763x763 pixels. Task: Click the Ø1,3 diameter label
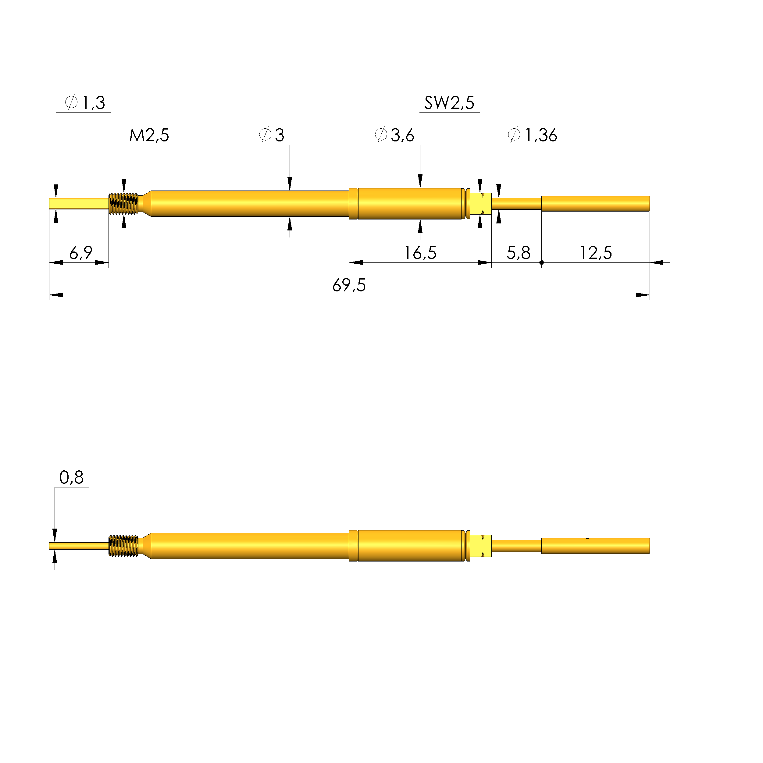pos(85,103)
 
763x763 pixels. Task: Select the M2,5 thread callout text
pos(149,135)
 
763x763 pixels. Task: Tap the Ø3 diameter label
pos(271,135)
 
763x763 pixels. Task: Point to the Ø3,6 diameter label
pos(394,135)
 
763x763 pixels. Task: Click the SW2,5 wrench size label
pos(449,103)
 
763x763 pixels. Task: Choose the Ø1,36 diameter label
pos(532,135)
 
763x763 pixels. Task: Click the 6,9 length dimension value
pos(81,253)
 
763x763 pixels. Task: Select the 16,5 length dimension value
pos(420,253)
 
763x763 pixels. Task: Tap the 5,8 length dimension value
pos(519,253)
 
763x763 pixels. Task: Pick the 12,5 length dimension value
pos(596,253)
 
